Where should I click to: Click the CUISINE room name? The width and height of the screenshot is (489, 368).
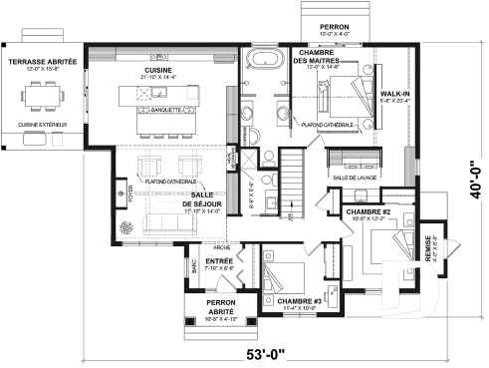pyautogui.click(x=156, y=73)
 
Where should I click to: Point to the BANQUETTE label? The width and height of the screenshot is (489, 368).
pyautogui.click(x=166, y=110)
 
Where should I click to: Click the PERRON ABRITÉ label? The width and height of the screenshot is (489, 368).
pyautogui.click(x=212, y=307)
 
